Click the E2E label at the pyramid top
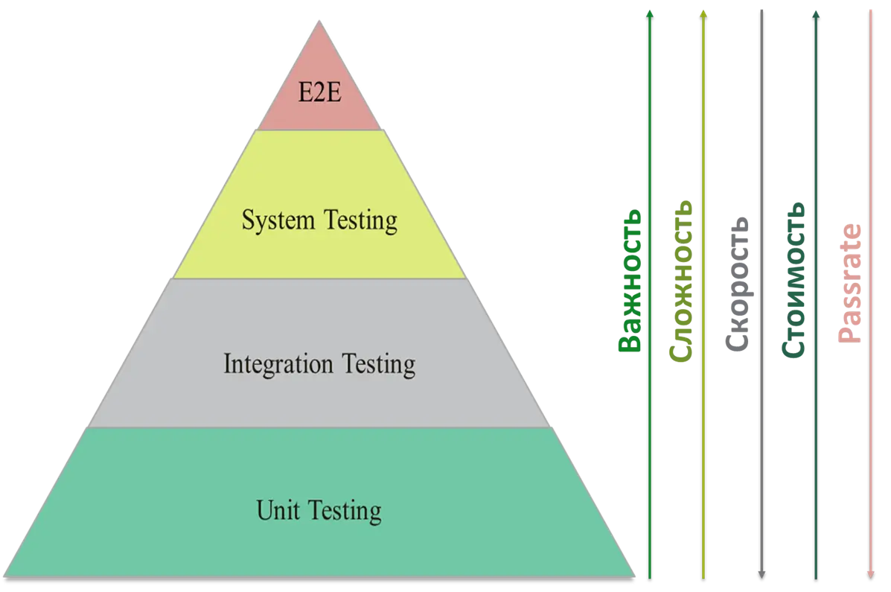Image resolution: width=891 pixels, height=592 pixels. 319,95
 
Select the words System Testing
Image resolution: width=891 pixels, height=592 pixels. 319,221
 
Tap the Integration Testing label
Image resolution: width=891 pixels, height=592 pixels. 319,364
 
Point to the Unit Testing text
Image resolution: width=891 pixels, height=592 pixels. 319,511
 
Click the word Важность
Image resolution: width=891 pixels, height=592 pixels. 630,280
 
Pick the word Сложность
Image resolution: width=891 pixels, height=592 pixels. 681,281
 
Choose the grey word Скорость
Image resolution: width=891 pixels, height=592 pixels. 737,284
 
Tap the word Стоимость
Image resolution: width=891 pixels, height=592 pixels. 794,280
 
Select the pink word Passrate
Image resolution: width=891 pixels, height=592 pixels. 850,284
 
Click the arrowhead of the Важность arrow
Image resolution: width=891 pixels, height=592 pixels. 650,13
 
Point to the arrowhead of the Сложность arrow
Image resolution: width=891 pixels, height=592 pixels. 703,13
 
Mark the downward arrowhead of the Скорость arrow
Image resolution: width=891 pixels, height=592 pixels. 761,574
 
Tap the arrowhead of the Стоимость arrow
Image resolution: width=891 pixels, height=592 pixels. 817,13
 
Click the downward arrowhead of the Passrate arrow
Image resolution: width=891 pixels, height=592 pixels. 870,574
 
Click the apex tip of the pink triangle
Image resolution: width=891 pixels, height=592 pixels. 320,21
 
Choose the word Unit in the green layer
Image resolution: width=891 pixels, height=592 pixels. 272,511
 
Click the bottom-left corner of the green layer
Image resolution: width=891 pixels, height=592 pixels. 6,575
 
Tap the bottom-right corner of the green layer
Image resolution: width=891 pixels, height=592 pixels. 635,575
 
